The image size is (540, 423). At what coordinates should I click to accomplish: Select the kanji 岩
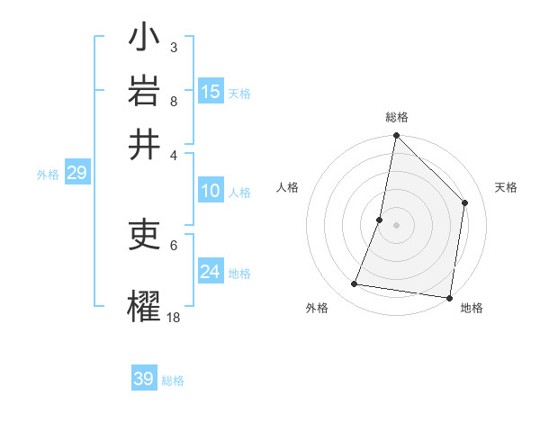[x=144, y=92]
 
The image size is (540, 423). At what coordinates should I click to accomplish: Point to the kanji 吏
[x=144, y=237]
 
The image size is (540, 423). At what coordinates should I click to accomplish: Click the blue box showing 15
[x=211, y=92]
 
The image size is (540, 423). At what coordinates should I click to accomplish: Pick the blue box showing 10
[x=210, y=191]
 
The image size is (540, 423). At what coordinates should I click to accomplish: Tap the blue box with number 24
[x=211, y=272]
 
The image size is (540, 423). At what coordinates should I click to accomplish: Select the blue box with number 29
[x=76, y=174]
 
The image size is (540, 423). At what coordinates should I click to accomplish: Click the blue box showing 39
[x=144, y=379]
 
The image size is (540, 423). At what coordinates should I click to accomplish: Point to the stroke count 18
[x=174, y=317]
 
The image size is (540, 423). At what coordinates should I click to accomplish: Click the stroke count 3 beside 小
[x=174, y=47]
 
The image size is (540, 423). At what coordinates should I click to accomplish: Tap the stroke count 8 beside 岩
[x=174, y=101]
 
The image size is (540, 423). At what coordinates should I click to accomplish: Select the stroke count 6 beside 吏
[x=174, y=244]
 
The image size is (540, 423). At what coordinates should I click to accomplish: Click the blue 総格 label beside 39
[x=173, y=381]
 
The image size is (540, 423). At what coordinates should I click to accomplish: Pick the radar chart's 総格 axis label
[x=396, y=117]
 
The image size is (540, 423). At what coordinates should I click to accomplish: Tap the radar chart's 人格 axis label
[x=288, y=187]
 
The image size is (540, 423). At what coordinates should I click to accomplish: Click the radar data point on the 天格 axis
[x=465, y=202]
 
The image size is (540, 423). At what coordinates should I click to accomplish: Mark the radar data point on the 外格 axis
[x=355, y=284]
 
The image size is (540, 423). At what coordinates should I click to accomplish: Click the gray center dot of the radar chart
[x=396, y=225]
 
